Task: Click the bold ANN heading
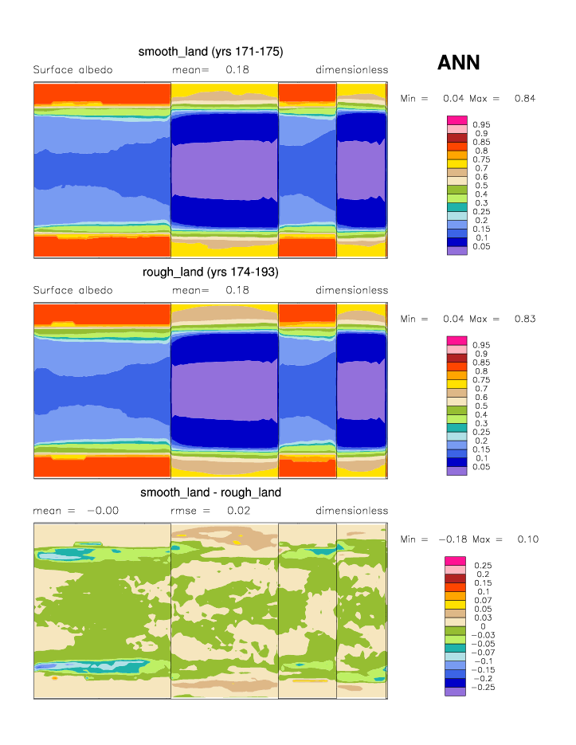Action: pyautogui.click(x=458, y=63)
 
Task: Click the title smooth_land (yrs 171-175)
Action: pyautogui.click(x=210, y=52)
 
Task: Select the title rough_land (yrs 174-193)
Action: pyautogui.click(x=210, y=273)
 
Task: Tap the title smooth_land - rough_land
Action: pyautogui.click(x=210, y=492)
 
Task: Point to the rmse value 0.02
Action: pyautogui.click(x=238, y=511)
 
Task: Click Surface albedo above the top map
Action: pyautogui.click(x=72, y=70)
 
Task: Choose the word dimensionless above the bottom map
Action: pyautogui.click(x=351, y=511)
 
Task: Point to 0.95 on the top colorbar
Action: pyautogui.click(x=480, y=125)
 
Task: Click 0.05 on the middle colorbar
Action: pyautogui.click(x=480, y=468)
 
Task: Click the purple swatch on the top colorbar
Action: pyautogui.click(x=456, y=250)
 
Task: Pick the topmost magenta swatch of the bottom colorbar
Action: pyautogui.click(x=454, y=561)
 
